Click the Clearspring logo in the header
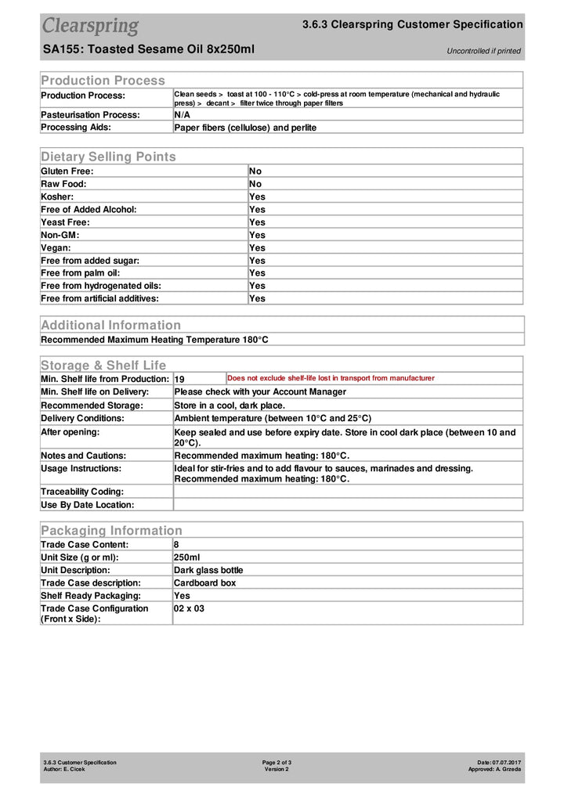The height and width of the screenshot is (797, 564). [x=90, y=26]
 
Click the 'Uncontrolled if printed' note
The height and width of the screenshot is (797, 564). [x=483, y=52]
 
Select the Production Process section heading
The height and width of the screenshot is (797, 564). [x=103, y=80]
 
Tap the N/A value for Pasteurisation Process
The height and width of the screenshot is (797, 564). [x=182, y=114]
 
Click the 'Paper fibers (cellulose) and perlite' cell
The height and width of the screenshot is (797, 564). [x=245, y=127]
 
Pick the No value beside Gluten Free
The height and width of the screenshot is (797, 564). [x=255, y=171]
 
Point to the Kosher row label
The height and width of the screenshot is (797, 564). [x=57, y=197]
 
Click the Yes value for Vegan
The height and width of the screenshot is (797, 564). [x=257, y=247]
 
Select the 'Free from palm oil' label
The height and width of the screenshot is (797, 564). [x=80, y=272]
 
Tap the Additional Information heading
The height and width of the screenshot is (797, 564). [x=110, y=325]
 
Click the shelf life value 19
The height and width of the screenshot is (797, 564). [x=179, y=379]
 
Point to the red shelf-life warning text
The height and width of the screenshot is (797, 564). [x=331, y=378]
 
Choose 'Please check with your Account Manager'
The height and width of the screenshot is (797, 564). [x=260, y=391]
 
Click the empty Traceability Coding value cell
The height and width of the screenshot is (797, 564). [x=347, y=492]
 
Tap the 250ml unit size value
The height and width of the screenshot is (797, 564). [x=186, y=557]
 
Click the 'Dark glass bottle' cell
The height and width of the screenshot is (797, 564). [x=208, y=570]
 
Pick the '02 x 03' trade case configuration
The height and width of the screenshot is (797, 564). [x=189, y=608]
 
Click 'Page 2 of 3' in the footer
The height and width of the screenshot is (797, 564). [x=277, y=762]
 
